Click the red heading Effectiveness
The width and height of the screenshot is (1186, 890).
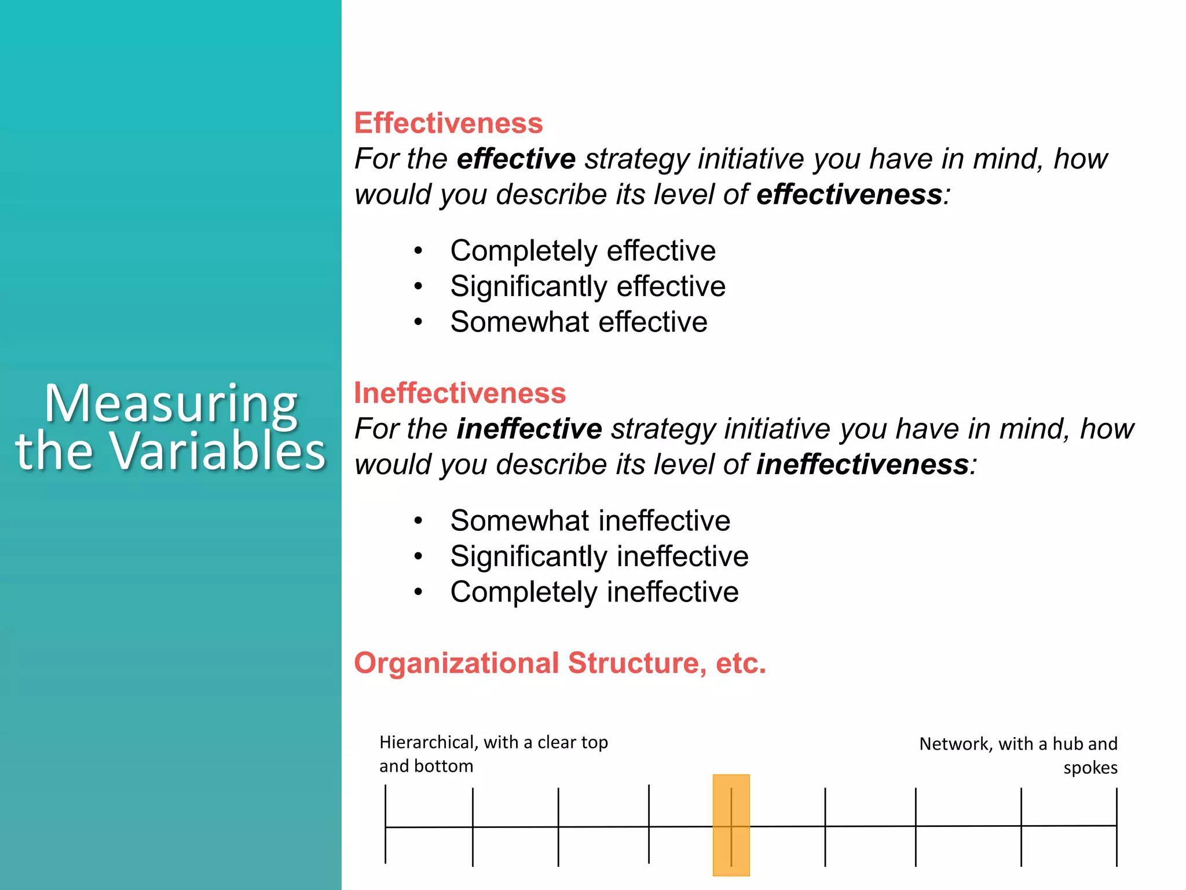[x=448, y=123]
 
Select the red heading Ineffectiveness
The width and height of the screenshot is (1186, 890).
[x=460, y=393]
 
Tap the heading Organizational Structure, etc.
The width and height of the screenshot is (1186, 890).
[x=559, y=663]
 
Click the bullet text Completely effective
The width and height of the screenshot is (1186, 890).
[x=583, y=251]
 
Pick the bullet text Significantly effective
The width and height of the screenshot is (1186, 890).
[x=588, y=287]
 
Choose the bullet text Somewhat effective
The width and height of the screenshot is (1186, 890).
[x=579, y=322]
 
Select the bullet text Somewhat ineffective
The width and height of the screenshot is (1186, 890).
[x=590, y=521]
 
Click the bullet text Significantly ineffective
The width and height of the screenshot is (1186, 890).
[x=599, y=557]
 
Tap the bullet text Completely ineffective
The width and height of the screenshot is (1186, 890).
[x=594, y=592]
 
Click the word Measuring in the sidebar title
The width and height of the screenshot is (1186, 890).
[x=171, y=404]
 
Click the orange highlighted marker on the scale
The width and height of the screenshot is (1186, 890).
[x=731, y=825]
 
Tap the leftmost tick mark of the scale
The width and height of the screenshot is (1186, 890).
[x=386, y=825]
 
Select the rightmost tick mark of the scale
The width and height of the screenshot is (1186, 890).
[x=1116, y=827]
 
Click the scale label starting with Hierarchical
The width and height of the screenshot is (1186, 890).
[x=493, y=754]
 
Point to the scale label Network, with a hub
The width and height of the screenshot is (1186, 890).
[x=1017, y=744]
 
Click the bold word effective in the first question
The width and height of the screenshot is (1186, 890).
[x=516, y=159]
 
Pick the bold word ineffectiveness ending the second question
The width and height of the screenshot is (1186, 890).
[x=862, y=465]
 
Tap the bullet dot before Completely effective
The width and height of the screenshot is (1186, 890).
[x=418, y=251]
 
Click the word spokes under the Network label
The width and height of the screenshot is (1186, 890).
[x=1090, y=768]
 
